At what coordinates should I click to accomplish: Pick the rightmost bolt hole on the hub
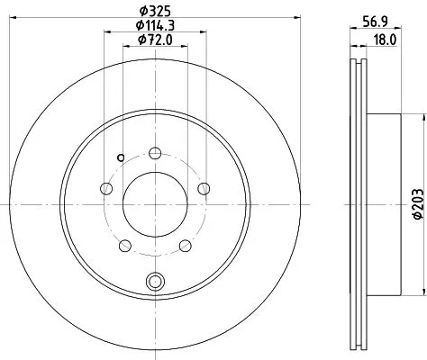point(204,188)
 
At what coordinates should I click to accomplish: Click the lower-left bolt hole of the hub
point(123,246)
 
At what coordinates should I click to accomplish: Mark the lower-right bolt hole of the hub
point(185,246)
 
